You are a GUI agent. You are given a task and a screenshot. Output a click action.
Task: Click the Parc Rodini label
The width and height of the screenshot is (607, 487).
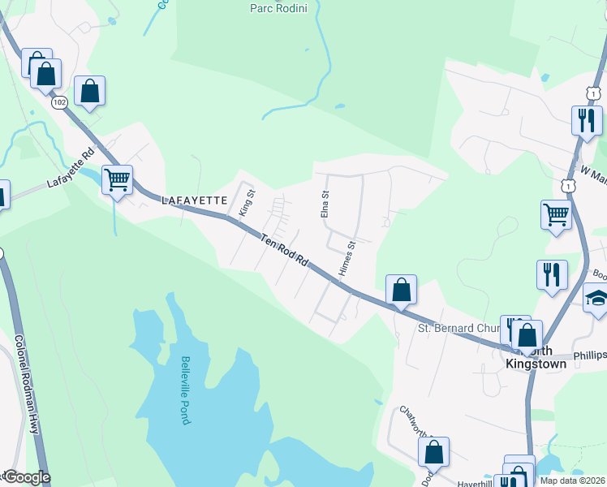pyautogui.click(x=282, y=8)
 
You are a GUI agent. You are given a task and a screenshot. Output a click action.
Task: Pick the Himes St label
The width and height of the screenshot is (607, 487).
pyautogui.click(x=347, y=257)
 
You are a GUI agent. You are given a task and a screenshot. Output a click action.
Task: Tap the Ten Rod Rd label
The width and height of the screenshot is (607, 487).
pyautogui.click(x=285, y=250)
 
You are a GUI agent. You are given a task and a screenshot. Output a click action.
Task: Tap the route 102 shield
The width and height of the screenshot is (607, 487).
pyautogui.click(x=58, y=103)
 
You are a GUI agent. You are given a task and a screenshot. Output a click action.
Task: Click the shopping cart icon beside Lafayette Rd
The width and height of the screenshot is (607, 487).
pyautogui.click(x=118, y=180)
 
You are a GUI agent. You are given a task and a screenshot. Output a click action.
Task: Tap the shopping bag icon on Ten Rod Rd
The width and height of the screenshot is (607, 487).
pyautogui.click(x=401, y=290)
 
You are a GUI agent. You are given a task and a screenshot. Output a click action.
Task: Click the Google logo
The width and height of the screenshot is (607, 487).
pyautogui.click(x=27, y=477)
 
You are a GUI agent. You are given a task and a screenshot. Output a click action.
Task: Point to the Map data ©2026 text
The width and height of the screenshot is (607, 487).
pyautogui.click(x=573, y=481)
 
